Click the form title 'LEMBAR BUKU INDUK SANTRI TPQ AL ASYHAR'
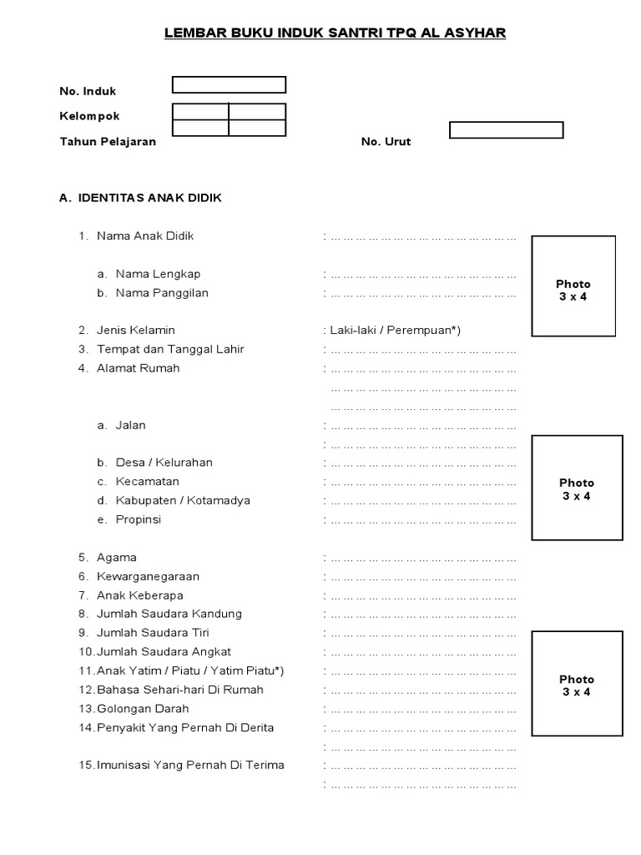pos(335,33)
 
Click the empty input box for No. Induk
pos(229,84)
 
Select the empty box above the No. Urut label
pos(506,130)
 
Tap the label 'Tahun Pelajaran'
pos(108,142)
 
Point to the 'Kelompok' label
pos(89,117)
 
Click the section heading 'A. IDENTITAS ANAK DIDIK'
pos(141,199)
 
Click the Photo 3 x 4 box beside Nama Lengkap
pos(573,286)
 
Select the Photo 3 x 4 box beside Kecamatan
pos(576,488)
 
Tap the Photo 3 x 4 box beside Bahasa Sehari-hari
pos(576,684)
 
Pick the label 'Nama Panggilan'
pos(162,293)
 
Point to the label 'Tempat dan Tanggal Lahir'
pos(170,349)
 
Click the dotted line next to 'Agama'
pos(423,558)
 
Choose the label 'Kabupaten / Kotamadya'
pos(183,501)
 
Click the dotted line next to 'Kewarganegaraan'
pos(423,577)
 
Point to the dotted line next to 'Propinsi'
pos(423,520)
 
